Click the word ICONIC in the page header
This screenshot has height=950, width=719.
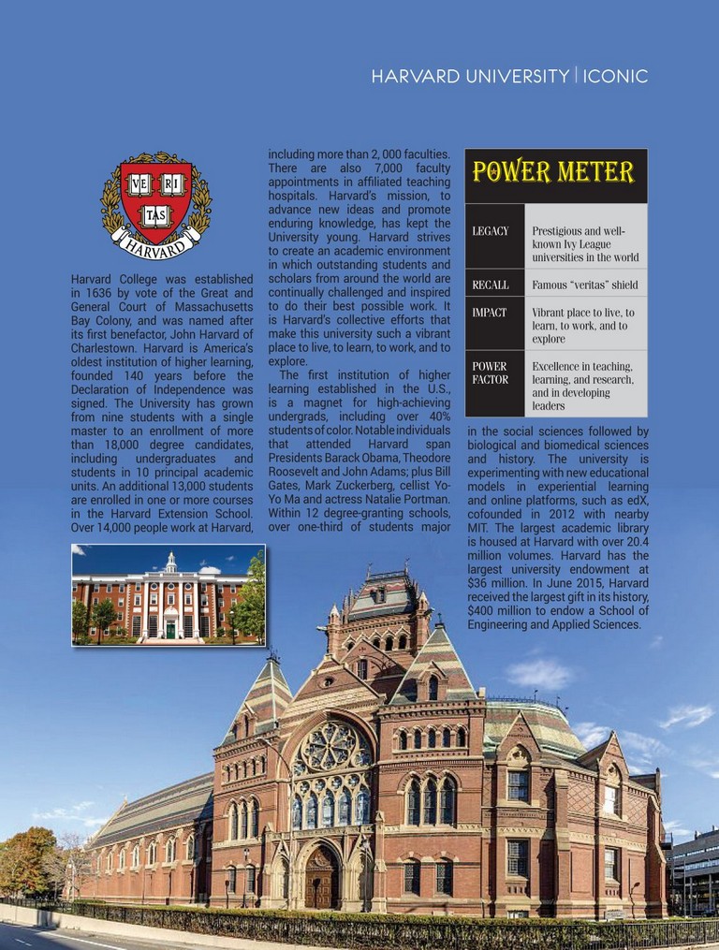click(615, 76)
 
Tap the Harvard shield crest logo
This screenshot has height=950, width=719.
click(155, 200)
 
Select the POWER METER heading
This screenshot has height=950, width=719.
click(553, 172)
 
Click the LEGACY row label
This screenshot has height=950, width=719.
click(491, 231)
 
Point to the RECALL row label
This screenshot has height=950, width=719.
click(491, 285)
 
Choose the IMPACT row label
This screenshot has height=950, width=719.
click(489, 312)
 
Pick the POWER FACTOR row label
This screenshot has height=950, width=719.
click(490, 373)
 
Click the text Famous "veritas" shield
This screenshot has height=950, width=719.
click(584, 285)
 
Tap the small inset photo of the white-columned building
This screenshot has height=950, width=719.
click(169, 594)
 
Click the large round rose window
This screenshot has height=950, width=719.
click(331, 748)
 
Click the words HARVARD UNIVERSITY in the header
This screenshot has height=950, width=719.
click(469, 76)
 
